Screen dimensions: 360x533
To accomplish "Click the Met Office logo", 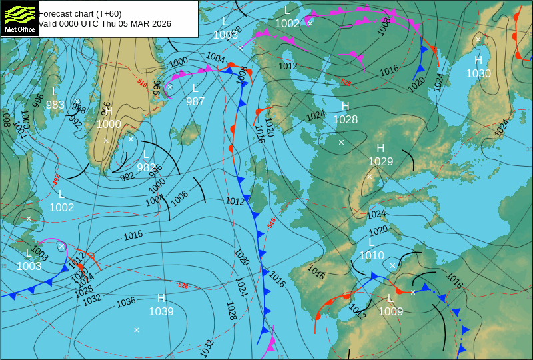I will point(19,19).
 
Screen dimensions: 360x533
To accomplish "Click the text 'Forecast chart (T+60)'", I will point(80,13).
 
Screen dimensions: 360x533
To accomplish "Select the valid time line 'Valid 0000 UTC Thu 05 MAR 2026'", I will point(105,23).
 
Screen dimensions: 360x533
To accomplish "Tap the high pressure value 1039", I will point(161,311).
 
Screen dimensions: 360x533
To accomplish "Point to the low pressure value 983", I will point(55,105).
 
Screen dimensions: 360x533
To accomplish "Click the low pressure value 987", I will point(195,101).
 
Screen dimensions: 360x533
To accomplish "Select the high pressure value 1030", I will point(478,74).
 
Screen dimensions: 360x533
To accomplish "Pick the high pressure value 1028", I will point(345,120).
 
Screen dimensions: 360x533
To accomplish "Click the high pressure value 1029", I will point(380,161).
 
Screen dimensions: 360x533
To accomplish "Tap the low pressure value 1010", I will point(372,255).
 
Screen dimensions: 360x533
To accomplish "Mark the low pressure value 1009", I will point(391,311).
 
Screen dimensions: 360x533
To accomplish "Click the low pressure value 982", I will point(146,167).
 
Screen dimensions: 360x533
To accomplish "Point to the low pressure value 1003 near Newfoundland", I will point(29,266).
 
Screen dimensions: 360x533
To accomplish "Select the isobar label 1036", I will point(126,303).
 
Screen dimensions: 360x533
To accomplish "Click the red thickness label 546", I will point(272,223).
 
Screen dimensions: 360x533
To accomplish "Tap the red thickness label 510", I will point(142,83).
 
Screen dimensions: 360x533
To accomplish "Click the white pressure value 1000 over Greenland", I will point(109,124).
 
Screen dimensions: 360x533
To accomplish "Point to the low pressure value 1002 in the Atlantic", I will point(61,207).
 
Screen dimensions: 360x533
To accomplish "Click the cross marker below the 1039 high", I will point(137,330).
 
